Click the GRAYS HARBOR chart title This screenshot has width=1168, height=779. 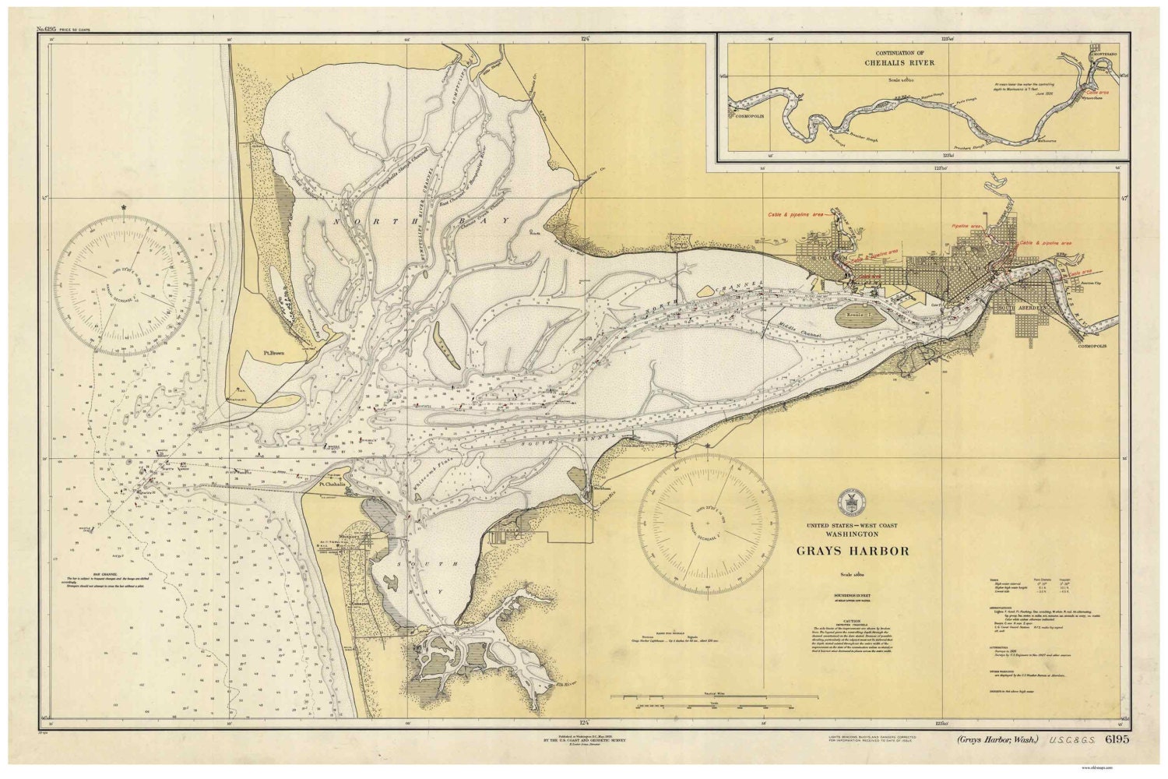click(x=853, y=551)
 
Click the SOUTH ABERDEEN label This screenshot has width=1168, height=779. click(x=1027, y=305)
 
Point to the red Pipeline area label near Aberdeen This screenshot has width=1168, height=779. click(x=968, y=227)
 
